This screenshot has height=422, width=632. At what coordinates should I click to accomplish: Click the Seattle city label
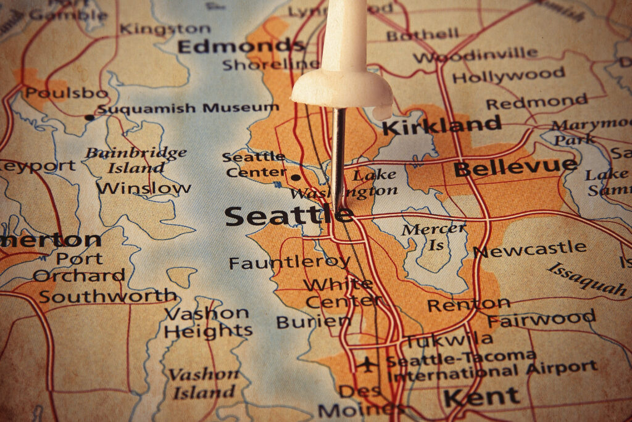288,217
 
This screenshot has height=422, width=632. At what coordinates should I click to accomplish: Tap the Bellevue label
515,167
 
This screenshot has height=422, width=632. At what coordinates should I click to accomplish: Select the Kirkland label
441,126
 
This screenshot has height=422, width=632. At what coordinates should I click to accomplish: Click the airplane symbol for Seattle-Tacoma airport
367,364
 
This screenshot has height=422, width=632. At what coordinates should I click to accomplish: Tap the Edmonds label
241,46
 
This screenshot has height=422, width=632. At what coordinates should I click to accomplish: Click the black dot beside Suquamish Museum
90,117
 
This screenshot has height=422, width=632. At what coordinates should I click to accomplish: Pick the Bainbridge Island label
136,160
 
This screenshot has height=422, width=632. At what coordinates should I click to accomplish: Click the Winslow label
143,188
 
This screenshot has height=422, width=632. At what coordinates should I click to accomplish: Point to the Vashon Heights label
207,322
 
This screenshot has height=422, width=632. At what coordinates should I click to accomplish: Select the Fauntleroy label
289,262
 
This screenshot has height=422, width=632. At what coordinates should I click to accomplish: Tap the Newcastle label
530,250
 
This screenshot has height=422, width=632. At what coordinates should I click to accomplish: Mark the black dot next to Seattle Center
296,178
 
